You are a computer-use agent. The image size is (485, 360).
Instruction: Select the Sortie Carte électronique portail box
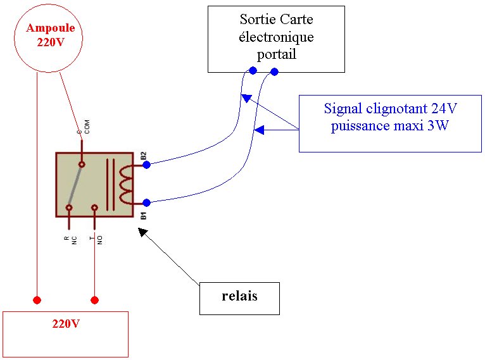coord(276,38)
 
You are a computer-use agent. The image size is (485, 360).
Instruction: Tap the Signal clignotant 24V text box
coord(390,123)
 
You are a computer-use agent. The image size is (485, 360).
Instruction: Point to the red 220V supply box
coord(66,333)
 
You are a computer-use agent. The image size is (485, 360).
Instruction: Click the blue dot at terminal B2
coord(146,164)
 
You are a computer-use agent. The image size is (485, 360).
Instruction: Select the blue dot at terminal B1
coord(146,203)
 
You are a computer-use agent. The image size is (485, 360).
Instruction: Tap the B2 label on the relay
coord(144,155)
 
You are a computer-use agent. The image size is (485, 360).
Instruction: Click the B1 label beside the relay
coord(144,216)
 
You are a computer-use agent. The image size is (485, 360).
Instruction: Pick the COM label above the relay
coord(87,127)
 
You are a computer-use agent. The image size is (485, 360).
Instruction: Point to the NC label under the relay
coord(74,240)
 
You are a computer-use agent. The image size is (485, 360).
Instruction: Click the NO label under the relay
coord(99,240)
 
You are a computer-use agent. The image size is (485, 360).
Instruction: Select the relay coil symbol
coord(126,183)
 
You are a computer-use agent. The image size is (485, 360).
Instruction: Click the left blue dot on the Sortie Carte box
coord(253,71)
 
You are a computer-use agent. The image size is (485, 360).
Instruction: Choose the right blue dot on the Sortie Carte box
coord(274,72)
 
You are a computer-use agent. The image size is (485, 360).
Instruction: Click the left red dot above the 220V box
coord(37,299)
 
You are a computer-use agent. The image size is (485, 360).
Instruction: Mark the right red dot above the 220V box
coord(95,299)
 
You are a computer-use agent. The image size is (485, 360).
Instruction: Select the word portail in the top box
coord(277,54)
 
